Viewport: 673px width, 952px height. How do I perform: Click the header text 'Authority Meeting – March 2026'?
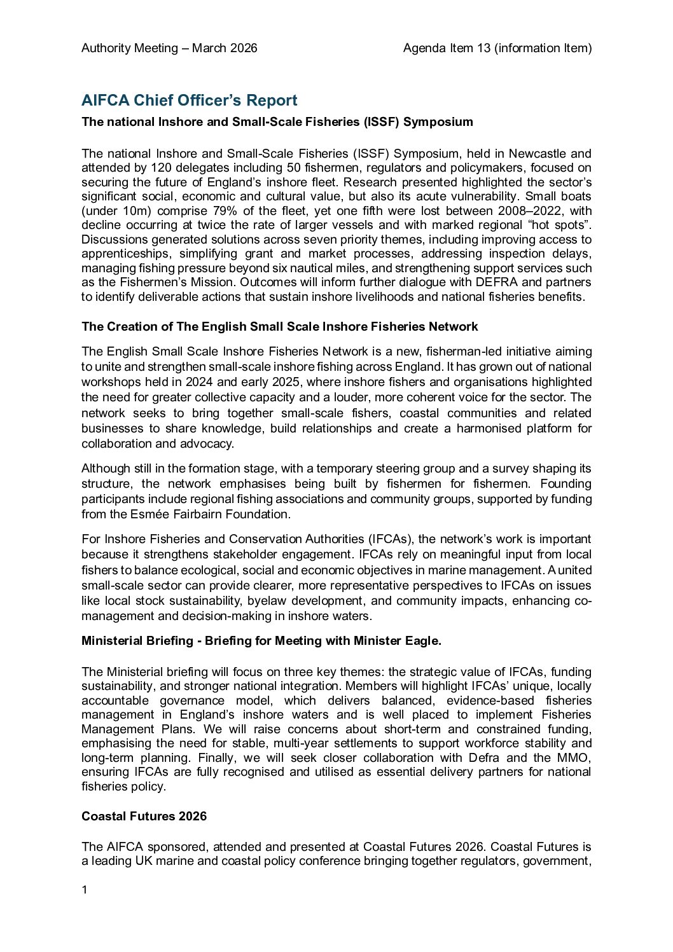(x=169, y=48)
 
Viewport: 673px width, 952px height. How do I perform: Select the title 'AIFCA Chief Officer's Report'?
(x=189, y=100)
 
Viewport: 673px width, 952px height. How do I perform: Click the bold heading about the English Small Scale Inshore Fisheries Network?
(x=279, y=327)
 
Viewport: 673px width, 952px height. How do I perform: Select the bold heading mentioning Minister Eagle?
(x=261, y=641)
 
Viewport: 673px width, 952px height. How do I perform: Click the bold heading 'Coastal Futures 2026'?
(x=144, y=816)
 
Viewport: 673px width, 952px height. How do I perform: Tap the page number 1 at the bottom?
(x=84, y=889)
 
